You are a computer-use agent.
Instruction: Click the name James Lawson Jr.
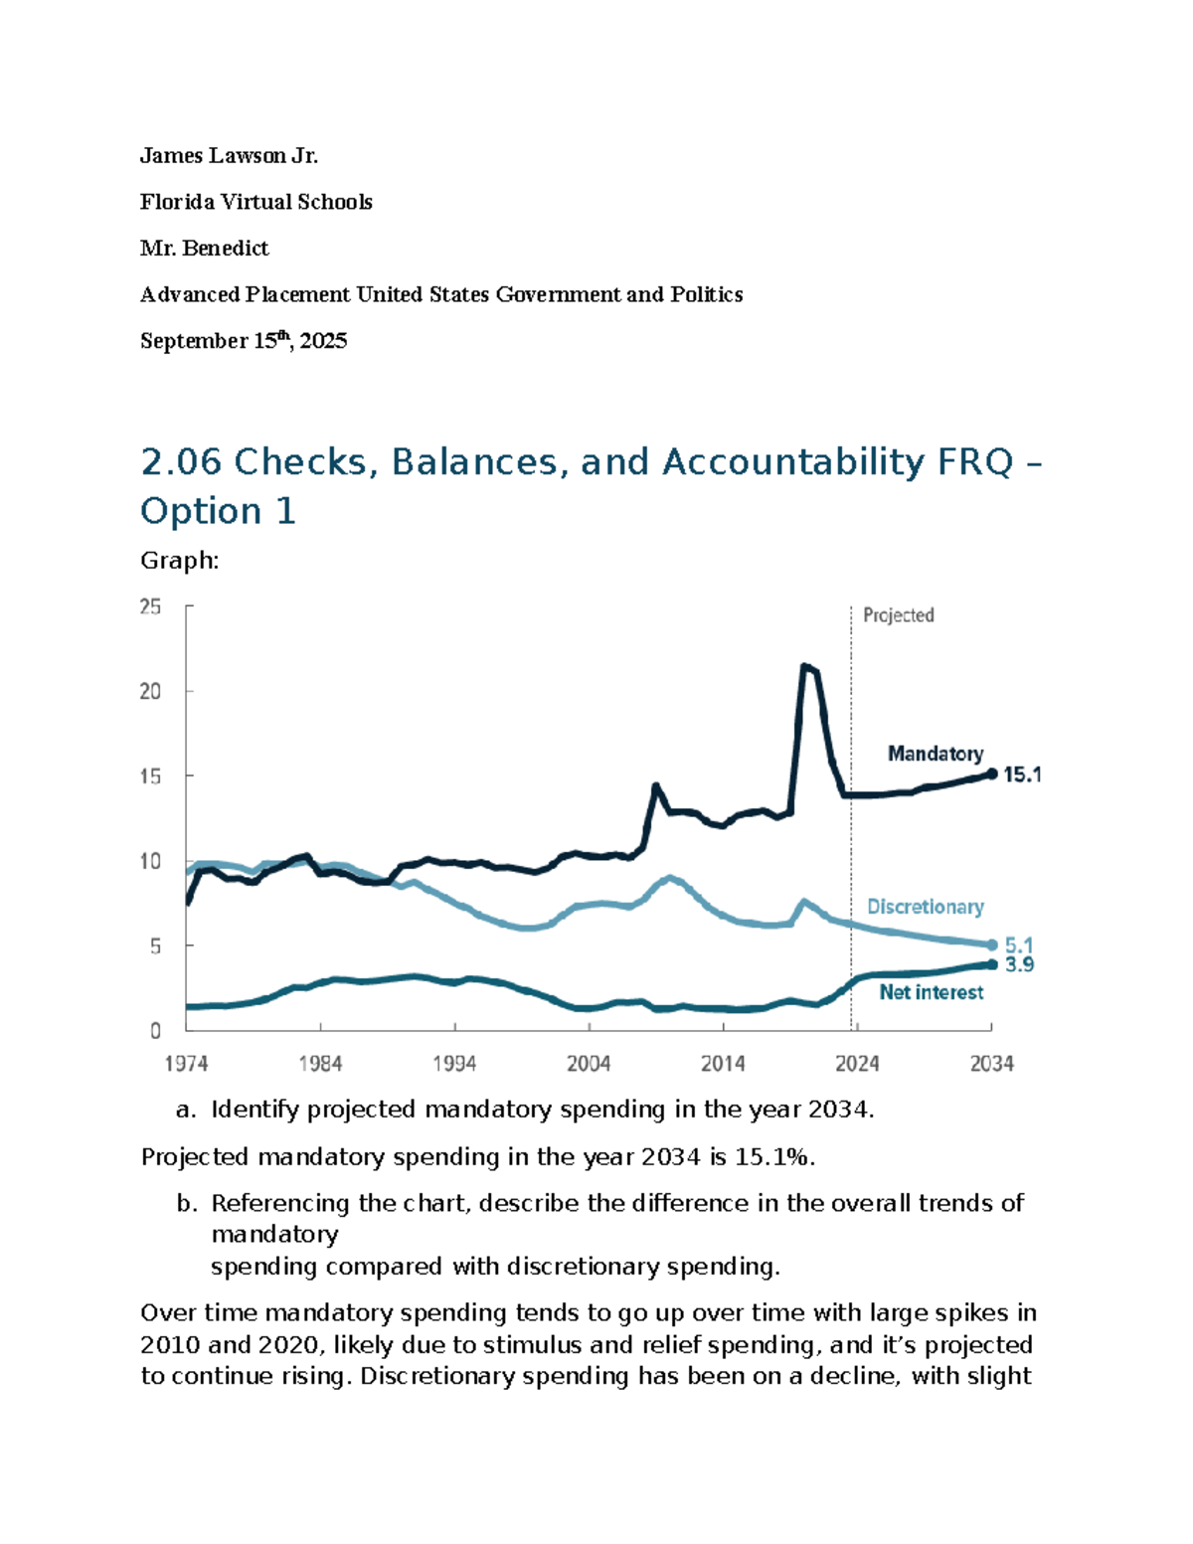pos(229,156)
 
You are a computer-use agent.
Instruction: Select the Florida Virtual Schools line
pos(256,202)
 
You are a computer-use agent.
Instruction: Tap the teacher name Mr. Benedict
pos(205,249)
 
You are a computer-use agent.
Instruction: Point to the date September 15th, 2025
pos(244,341)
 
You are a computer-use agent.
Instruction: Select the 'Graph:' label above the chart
pos(180,561)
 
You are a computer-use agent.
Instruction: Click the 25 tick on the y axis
pos(150,606)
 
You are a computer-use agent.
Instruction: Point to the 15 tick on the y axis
pos(150,776)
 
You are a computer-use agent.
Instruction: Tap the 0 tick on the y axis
pos(155,1031)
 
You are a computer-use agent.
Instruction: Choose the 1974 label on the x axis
pos(186,1064)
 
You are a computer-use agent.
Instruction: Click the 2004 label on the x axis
pos(589,1064)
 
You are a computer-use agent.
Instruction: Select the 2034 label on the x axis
pos(991,1064)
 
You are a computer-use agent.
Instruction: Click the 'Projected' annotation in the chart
pos(899,615)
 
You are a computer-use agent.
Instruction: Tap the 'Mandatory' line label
pos(936,754)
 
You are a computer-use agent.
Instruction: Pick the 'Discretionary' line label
pos(926,907)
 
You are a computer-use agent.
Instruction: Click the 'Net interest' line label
pos(932,992)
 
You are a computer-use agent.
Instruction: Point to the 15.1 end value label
pos(1022,774)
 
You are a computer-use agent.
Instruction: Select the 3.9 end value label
pos(1019,964)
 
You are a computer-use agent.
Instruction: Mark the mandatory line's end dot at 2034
pos(991,773)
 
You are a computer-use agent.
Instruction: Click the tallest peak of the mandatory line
pos(804,666)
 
